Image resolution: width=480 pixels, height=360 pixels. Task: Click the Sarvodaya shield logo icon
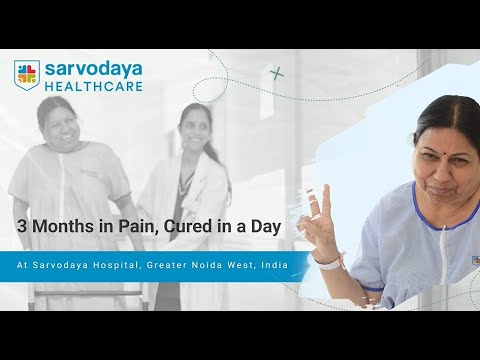[26, 75]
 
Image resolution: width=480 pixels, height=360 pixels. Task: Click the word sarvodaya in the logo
[92, 69]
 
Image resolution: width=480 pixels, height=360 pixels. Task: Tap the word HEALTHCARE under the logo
[92, 86]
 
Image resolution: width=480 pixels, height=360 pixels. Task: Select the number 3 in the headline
[20, 228]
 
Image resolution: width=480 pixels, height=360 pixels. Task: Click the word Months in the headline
[60, 228]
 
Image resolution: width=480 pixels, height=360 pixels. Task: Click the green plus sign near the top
[277, 72]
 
